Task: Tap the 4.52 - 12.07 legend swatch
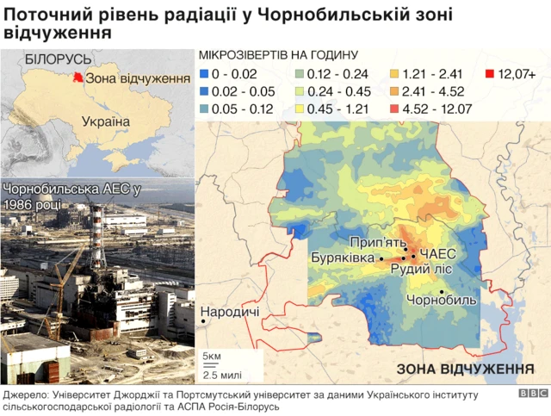click(x=394, y=109)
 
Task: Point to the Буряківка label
click(x=343, y=258)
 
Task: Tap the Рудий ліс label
click(x=421, y=270)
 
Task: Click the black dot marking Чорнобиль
click(x=441, y=292)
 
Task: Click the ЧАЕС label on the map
click(x=438, y=255)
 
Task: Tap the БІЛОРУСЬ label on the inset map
click(x=58, y=59)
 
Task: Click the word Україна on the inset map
click(x=105, y=121)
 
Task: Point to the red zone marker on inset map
click(x=78, y=78)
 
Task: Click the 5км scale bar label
click(x=211, y=356)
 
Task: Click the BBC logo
click(x=532, y=393)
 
